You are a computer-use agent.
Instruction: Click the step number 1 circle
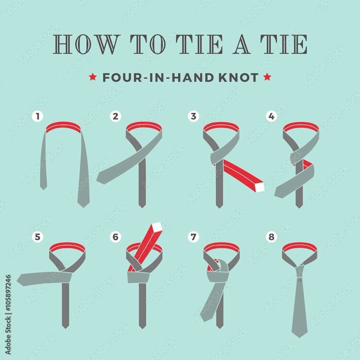pos(38,116)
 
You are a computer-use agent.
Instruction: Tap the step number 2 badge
pos(116,116)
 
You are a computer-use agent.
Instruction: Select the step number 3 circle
pos(194,116)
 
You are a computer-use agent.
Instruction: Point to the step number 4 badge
pos(271,116)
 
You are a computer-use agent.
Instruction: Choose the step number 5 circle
pos(38,237)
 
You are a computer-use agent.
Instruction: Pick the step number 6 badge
pos(116,237)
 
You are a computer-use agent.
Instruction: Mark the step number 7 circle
pos(194,237)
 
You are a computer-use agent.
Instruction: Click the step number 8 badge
pos(271,237)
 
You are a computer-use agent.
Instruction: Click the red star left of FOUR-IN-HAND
pos(93,77)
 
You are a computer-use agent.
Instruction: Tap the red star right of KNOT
pos(267,77)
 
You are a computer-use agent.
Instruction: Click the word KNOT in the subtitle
pos(238,78)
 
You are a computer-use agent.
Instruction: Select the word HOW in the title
pos(86,44)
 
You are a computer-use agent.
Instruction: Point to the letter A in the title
pos(241,44)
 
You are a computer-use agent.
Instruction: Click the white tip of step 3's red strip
pos(260,187)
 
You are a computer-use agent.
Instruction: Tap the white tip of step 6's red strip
pos(157,227)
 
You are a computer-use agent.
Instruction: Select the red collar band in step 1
pos(63,127)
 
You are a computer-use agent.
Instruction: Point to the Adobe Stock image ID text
pos(8,315)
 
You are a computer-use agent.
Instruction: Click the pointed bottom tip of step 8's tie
pos(300,337)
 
